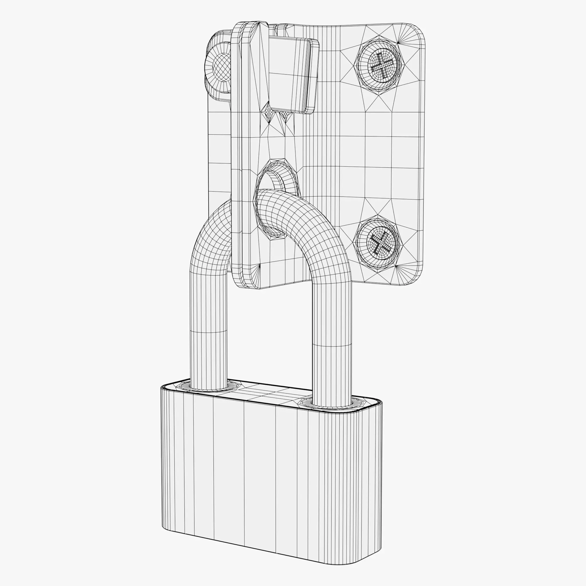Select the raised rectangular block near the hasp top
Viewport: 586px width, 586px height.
tap(291, 76)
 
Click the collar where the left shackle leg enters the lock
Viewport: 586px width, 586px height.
tap(209, 387)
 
